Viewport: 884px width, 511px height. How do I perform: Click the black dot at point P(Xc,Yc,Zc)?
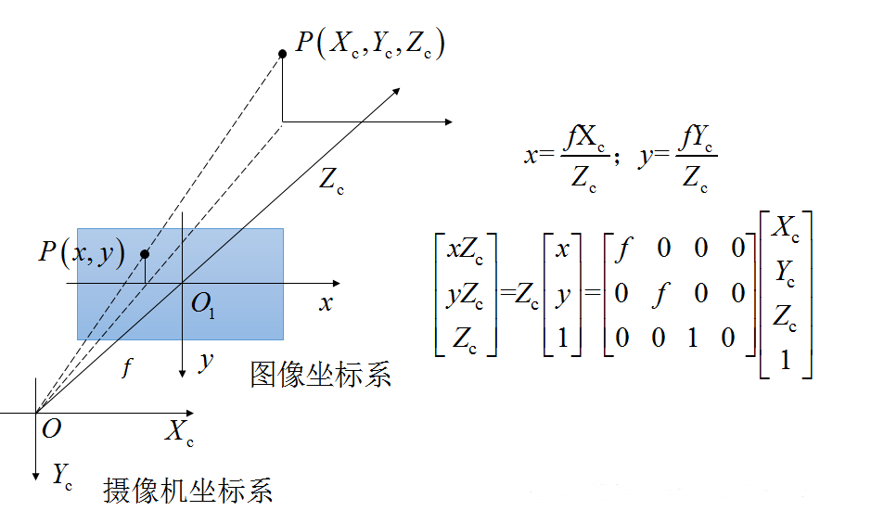coord(282,54)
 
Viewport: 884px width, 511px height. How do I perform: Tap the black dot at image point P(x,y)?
coord(145,254)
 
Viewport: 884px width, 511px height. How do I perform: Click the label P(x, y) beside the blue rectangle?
coord(82,252)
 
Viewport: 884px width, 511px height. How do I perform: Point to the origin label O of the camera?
coord(52,428)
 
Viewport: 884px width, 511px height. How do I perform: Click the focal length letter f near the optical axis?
coord(127,368)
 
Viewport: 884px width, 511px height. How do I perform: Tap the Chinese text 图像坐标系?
coord(320,375)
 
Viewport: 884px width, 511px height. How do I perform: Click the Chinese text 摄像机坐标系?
coord(188,490)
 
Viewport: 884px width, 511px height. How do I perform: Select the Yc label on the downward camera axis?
coord(62,476)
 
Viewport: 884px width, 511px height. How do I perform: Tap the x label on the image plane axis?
coord(326,303)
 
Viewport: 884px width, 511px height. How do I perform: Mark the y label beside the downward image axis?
coord(205,362)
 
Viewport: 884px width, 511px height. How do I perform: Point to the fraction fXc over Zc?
coord(585,157)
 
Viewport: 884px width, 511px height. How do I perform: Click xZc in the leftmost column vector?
coord(466,249)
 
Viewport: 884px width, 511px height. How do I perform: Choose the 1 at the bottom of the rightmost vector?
coord(785,358)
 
